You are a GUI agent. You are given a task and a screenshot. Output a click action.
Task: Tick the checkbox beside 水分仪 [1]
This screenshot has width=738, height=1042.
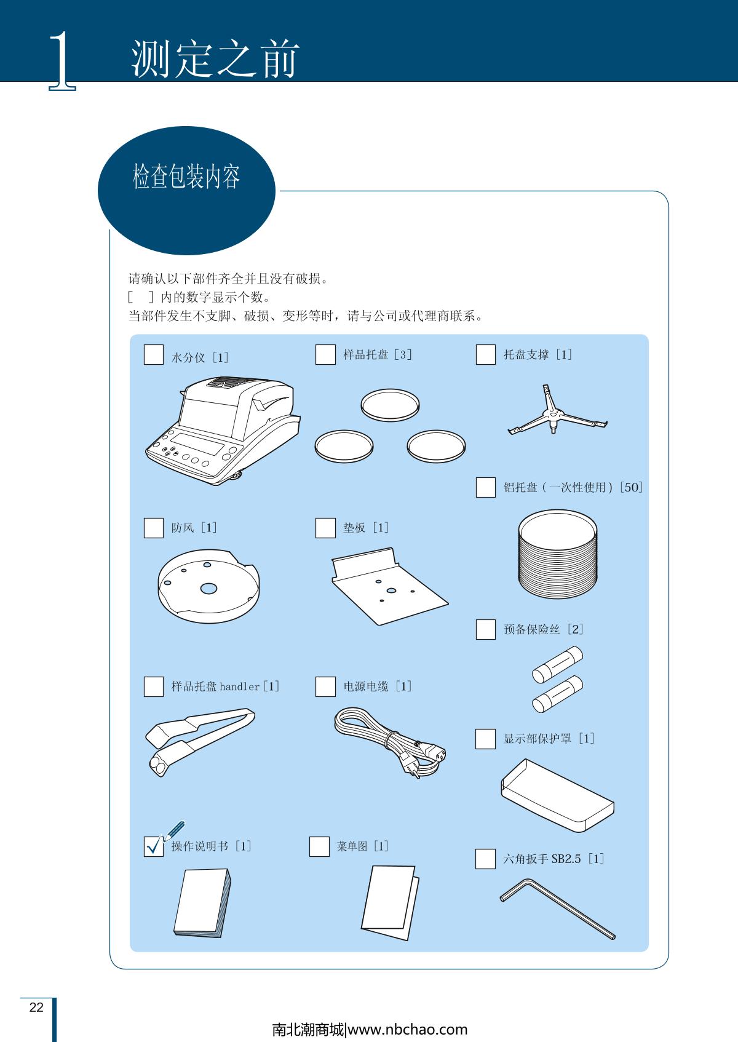click(154, 354)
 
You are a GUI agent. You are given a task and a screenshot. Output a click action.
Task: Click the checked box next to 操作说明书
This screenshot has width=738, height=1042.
click(154, 846)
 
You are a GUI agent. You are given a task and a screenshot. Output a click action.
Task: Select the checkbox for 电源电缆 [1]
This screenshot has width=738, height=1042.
click(325, 686)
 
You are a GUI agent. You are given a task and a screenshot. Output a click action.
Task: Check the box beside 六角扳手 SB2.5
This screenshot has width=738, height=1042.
click(485, 859)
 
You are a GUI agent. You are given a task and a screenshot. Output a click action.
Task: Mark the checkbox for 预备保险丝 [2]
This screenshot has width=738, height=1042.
click(485, 629)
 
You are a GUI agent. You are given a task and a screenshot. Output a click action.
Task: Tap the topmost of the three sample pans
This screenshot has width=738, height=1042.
click(390, 405)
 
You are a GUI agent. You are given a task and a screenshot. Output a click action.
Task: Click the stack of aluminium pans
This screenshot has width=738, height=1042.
click(558, 554)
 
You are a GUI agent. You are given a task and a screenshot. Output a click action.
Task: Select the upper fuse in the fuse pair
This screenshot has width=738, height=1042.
click(557, 664)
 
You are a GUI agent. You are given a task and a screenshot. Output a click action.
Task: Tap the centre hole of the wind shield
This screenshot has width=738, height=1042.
click(208, 589)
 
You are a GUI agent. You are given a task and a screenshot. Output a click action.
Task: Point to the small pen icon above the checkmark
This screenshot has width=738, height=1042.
click(174, 831)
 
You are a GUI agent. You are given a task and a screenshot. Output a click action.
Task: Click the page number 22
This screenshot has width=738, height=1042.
click(36, 1007)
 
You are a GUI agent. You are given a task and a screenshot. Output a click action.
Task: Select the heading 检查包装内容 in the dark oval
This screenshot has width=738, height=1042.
click(186, 177)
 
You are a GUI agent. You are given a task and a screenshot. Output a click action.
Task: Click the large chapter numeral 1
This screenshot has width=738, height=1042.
click(63, 60)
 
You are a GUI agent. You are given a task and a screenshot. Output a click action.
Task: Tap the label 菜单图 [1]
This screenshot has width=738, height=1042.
click(363, 846)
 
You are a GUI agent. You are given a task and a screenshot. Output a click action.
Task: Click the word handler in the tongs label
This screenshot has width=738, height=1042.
click(239, 686)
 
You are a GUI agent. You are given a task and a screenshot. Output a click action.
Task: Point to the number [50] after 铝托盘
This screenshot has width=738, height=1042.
click(631, 487)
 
